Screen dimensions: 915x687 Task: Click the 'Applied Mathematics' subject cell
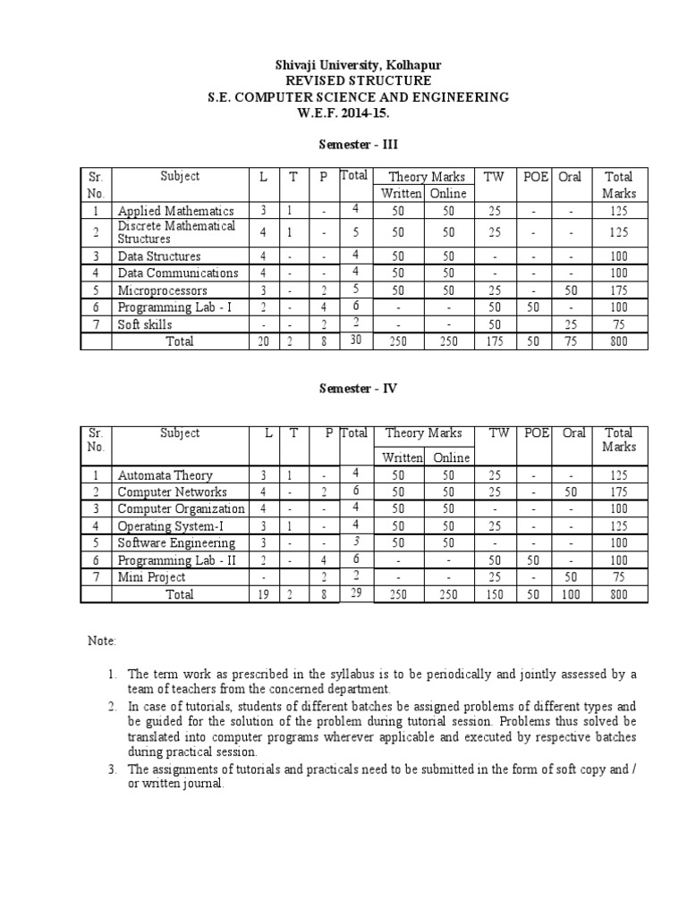click(176, 211)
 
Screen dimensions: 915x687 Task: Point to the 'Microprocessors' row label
click(163, 290)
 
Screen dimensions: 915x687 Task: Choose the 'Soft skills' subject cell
click(146, 324)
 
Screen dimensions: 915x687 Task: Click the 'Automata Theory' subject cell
click(165, 475)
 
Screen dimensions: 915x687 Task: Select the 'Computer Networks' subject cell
click(173, 492)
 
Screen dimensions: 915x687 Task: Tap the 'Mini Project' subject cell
click(152, 577)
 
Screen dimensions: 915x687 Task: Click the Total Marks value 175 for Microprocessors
click(619, 290)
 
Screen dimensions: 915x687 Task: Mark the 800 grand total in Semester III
click(619, 341)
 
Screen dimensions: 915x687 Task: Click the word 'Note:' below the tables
click(101, 642)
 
